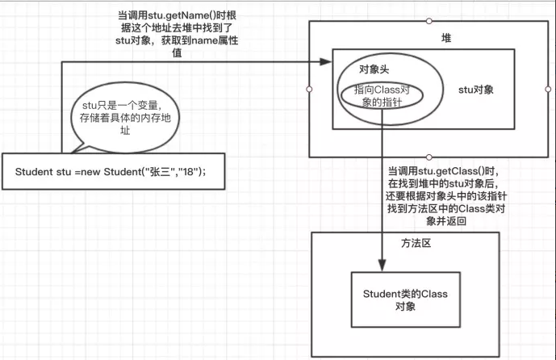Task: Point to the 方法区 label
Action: click(x=416, y=242)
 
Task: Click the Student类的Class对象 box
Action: click(x=405, y=299)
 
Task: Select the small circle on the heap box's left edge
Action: click(x=309, y=90)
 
